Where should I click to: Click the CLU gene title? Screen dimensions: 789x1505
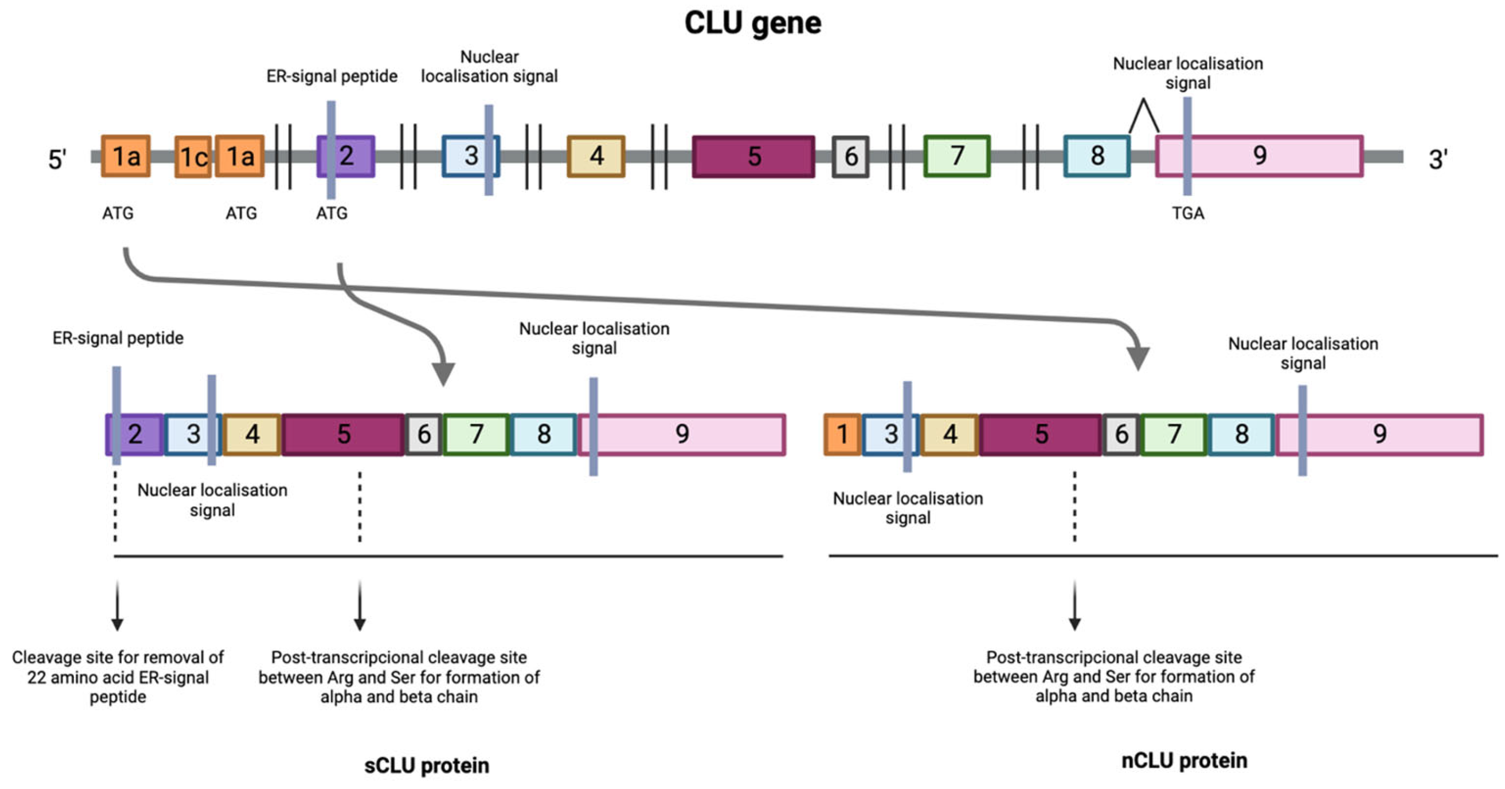pyautogui.click(x=752, y=23)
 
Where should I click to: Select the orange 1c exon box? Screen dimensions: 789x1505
pyautogui.click(x=193, y=156)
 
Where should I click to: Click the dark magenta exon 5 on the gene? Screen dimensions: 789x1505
pyautogui.click(x=754, y=156)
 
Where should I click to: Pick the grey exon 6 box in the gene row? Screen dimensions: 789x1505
pyautogui.click(x=851, y=156)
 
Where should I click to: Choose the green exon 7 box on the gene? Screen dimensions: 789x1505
pyautogui.click(x=957, y=156)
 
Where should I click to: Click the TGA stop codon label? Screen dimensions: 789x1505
pyautogui.click(x=1188, y=213)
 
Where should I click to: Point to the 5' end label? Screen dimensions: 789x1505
pyautogui.click(x=57, y=160)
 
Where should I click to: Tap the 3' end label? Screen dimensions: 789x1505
pyautogui.click(x=1438, y=160)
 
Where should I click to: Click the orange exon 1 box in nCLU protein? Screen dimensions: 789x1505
pyautogui.click(x=842, y=434)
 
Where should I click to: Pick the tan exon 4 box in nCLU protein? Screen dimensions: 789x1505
pyautogui.click(x=950, y=434)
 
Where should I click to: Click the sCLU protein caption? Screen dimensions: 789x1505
pyautogui.click(x=426, y=765)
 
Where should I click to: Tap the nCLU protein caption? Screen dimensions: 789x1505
pyautogui.click(x=1184, y=760)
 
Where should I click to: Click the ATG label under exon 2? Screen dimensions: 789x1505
pyautogui.click(x=331, y=213)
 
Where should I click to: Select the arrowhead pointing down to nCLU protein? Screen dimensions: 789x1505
pyautogui.click(x=1137, y=358)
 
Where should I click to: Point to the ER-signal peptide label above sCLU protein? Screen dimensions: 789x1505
pyautogui.click(x=118, y=338)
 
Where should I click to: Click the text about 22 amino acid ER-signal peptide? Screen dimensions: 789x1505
pyautogui.click(x=118, y=677)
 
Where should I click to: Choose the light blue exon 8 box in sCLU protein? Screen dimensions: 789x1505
pyautogui.click(x=544, y=434)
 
